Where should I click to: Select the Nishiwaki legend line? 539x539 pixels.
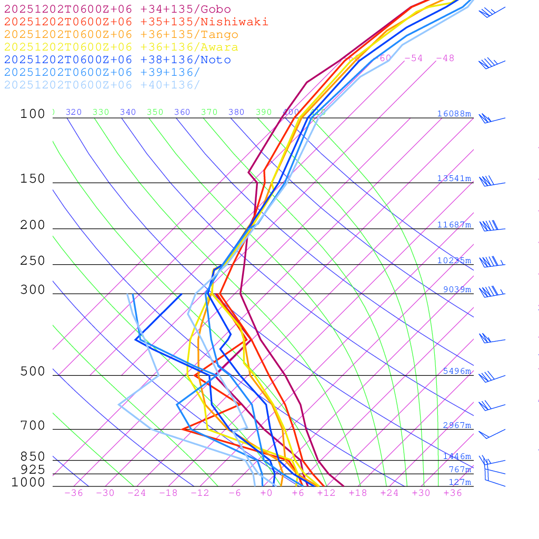(x=136, y=22)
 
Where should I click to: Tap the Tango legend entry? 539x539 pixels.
(x=121, y=35)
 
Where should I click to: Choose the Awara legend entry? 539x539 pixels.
(x=121, y=47)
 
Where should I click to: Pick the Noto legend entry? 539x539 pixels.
(x=117, y=60)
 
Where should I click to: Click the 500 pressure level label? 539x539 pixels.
(x=33, y=372)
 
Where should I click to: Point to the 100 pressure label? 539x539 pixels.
(x=33, y=114)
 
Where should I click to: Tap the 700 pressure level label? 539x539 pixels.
(x=33, y=425)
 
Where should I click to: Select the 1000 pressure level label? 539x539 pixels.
(x=28, y=482)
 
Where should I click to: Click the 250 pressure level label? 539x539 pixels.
(x=33, y=261)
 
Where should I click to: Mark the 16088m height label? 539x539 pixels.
(x=454, y=114)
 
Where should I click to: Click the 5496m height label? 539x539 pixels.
(x=457, y=371)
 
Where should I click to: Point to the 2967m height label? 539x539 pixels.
(x=457, y=425)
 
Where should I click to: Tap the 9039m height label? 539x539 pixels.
(x=457, y=290)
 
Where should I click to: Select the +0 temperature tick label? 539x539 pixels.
(x=266, y=493)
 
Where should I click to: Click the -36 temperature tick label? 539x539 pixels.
(x=73, y=493)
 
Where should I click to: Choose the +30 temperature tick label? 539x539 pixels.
(x=421, y=493)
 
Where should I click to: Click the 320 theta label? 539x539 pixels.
(x=74, y=112)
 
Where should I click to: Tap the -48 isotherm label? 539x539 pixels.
(x=445, y=58)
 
